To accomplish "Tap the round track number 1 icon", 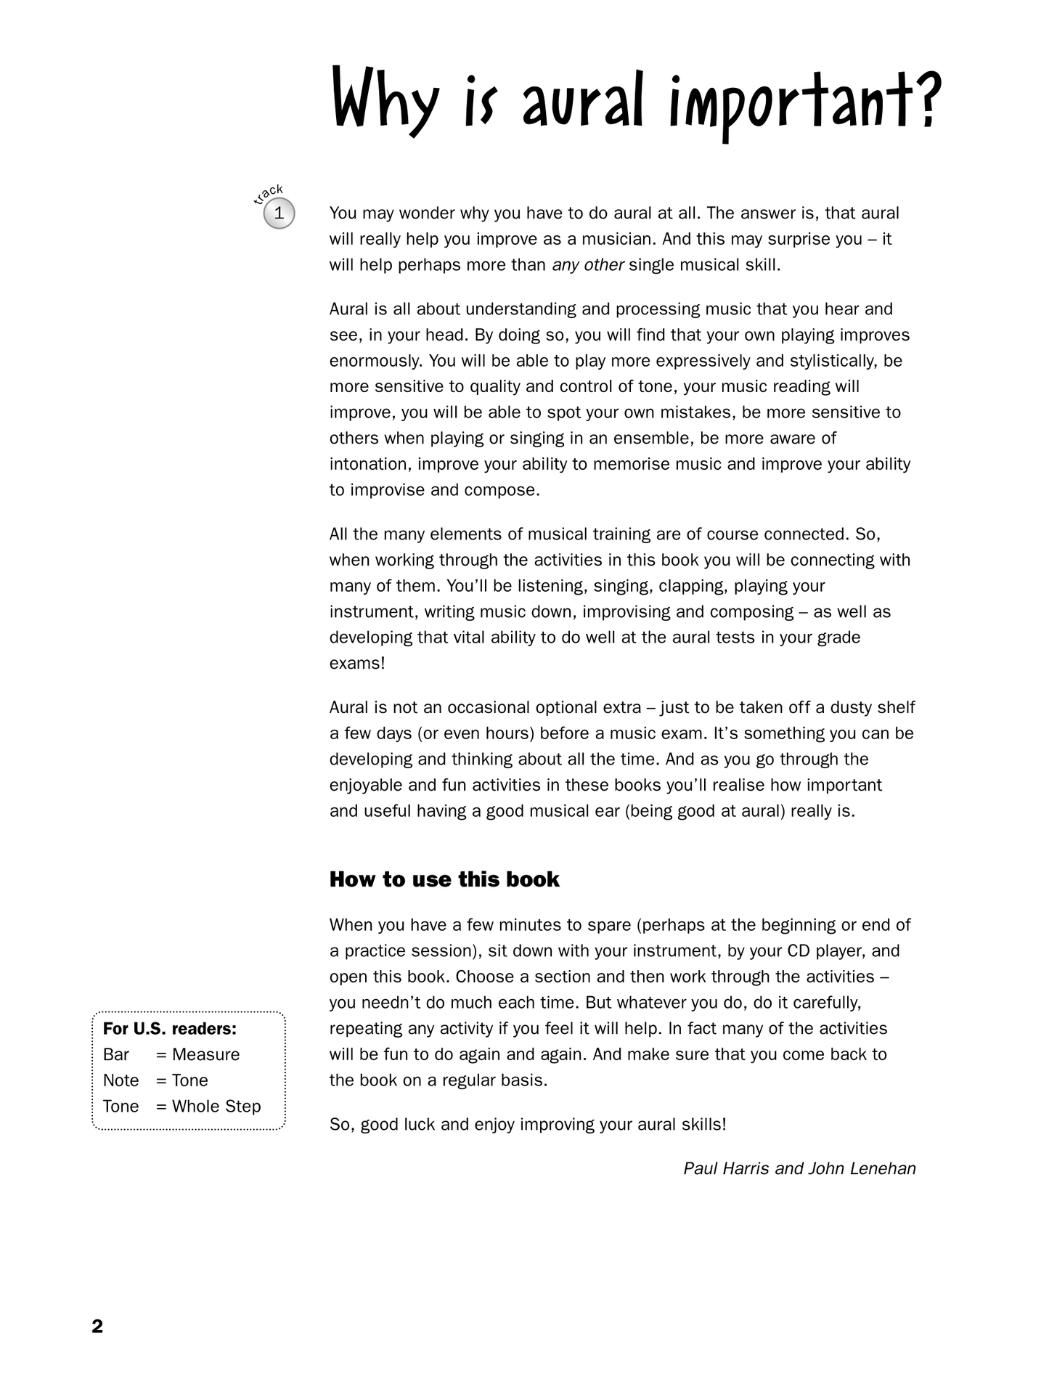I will click(x=279, y=213).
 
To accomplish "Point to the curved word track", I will click(x=269, y=194).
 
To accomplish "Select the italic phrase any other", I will click(x=588, y=265).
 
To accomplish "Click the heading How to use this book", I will click(x=444, y=879).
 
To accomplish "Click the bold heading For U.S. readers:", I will click(x=170, y=1029).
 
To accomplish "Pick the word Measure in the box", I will click(x=206, y=1054).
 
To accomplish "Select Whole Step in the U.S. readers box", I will click(x=216, y=1106).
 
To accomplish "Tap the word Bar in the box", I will click(x=116, y=1054).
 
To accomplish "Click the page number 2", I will click(x=97, y=1327).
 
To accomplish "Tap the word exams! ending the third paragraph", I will click(x=357, y=663).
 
